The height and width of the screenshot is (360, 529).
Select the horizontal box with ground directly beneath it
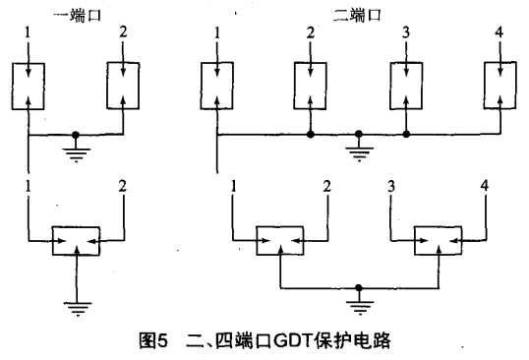pyautogui.click(x=76, y=240)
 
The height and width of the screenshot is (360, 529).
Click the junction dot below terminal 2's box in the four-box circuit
pyautogui.click(x=311, y=134)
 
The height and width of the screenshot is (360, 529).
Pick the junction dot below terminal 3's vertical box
pyautogui.click(x=405, y=134)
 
